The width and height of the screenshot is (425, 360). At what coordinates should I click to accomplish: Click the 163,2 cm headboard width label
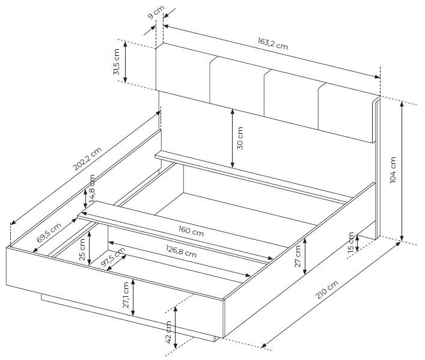pyautogui.click(x=272, y=44)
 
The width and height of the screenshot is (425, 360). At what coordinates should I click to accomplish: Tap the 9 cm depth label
pyautogui.click(x=156, y=12)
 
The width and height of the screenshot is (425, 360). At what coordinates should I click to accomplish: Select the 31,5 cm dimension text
pyautogui.click(x=117, y=62)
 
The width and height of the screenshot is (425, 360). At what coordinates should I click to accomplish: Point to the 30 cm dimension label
pyautogui.click(x=240, y=138)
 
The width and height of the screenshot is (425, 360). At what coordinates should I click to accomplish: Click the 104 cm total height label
pyautogui.click(x=393, y=170)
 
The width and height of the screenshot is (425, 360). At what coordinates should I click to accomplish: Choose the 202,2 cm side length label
pyautogui.click(x=87, y=159)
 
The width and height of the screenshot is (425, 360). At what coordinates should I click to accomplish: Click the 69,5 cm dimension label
pyautogui.click(x=49, y=232)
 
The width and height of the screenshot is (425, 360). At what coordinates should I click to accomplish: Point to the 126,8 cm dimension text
pyautogui.click(x=181, y=251)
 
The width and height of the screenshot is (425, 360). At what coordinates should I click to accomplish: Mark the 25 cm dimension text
pyautogui.click(x=82, y=249)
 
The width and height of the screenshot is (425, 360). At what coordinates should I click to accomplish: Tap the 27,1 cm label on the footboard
pyautogui.click(x=126, y=295)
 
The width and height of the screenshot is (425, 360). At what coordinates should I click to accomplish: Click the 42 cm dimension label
pyautogui.click(x=168, y=332)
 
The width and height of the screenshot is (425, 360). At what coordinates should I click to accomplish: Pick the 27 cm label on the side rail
pyautogui.click(x=298, y=256)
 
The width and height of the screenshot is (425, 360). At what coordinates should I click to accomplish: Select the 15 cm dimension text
pyautogui.click(x=350, y=242)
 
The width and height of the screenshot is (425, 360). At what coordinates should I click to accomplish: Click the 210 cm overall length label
pyautogui.click(x=327, y=290)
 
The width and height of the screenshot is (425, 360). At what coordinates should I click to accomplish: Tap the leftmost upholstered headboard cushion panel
pyautogui.click(x=183, y=73)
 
